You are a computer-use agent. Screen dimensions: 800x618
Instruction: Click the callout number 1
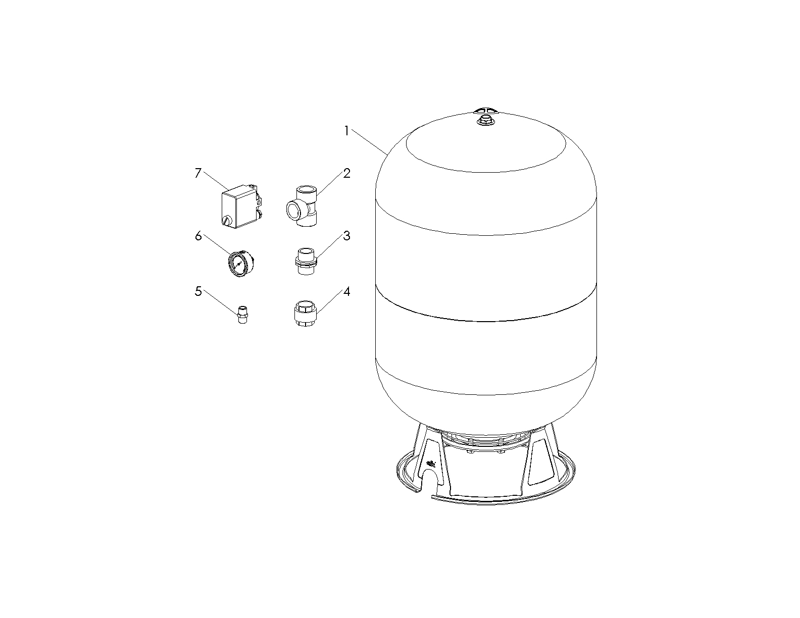[346, 131]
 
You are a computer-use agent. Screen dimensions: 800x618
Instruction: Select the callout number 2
[346, 173]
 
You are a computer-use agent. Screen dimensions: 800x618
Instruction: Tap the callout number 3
[346, 236]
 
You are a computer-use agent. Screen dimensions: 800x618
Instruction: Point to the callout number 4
[346, 291]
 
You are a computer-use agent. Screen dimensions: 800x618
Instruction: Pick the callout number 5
[198, 291]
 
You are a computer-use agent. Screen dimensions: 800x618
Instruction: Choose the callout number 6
[198, 236]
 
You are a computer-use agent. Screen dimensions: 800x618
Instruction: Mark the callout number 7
[198, 173]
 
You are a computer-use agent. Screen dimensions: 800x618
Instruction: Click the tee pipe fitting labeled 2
[302, 206]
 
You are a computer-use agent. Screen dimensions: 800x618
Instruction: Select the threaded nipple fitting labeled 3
[306, 262]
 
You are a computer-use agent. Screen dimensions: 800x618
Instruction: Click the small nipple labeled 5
[242, 315]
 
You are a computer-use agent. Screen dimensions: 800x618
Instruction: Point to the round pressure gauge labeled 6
[241, 264]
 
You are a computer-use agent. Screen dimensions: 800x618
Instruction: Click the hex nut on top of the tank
[485, 120]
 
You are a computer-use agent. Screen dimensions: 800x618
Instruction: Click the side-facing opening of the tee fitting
[294, 210]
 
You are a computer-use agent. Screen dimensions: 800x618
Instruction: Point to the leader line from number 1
[369, 141]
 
